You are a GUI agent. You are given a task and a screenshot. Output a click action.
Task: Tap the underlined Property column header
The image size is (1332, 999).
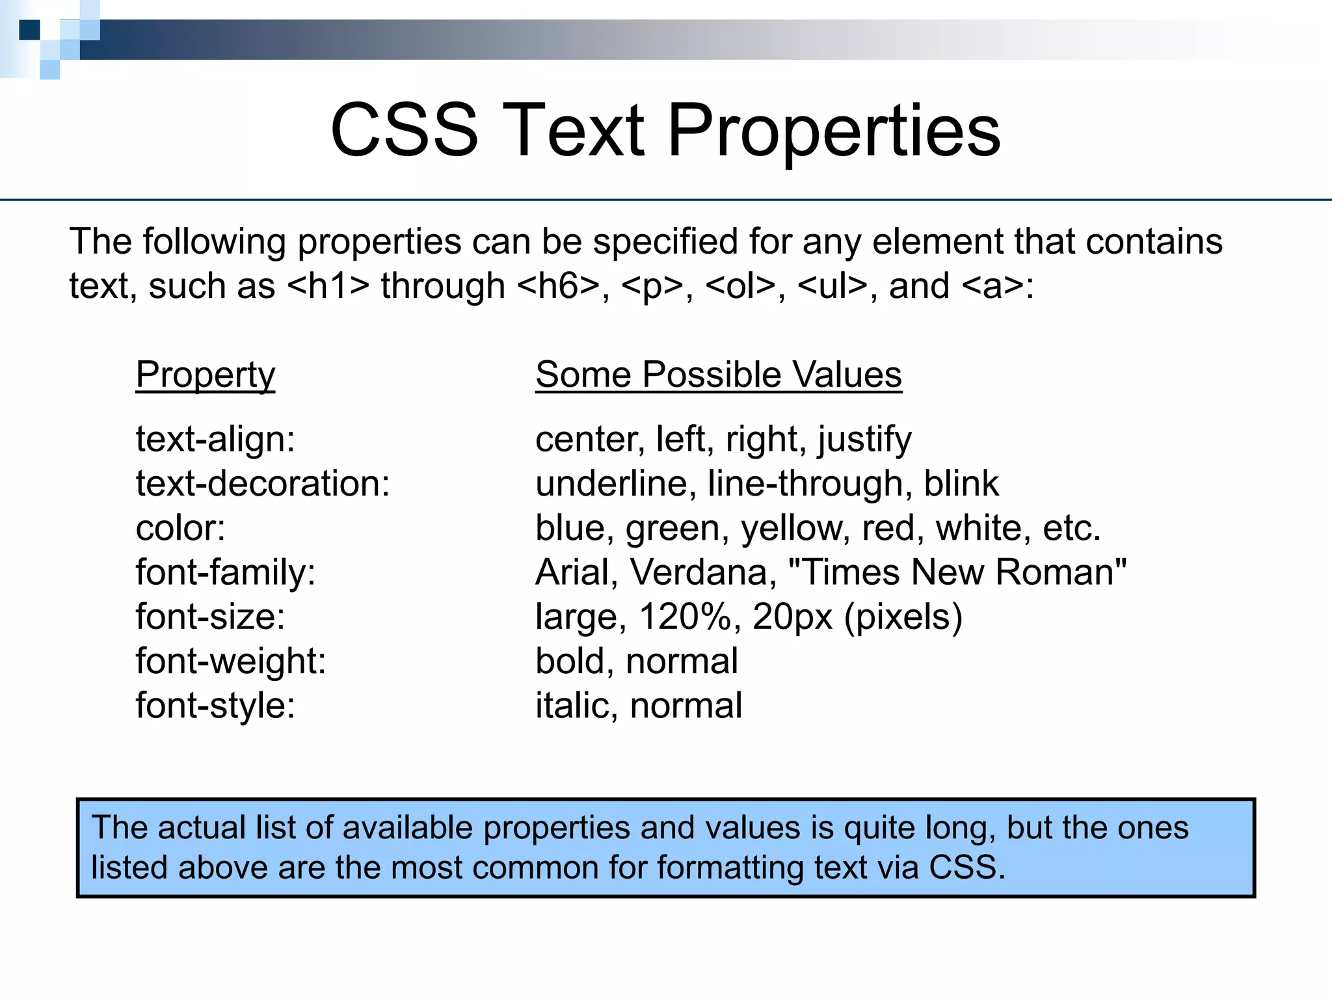pyautogui.click(x=205, y=375)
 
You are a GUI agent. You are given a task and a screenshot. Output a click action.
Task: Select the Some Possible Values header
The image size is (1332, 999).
pyautogui.click(x=718, y=375)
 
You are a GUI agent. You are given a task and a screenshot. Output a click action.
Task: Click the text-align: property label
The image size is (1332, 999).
pyautogui.click(x=215, y=439)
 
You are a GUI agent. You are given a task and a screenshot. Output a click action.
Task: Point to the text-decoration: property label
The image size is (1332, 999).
pyautogui.click(x=263, y=483)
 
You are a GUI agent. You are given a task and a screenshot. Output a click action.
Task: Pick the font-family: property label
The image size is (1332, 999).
pyautogui.click(x=225, y=572)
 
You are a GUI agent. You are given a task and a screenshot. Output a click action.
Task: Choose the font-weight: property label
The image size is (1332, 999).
pyautogui.click(x=230, y=661)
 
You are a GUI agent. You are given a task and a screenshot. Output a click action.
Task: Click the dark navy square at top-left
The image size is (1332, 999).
pyautogui.click(x=29, y=30)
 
